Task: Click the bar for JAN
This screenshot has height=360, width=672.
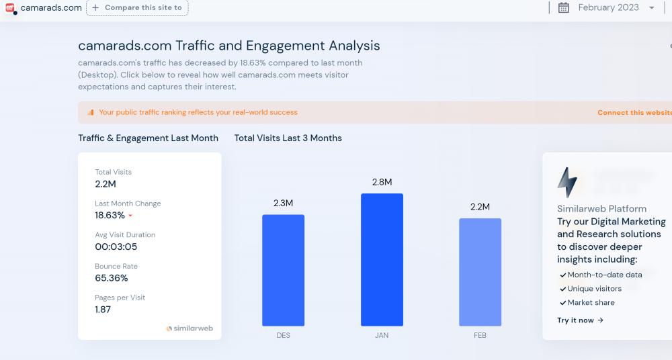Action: pyautogui.click(x=382, y=260)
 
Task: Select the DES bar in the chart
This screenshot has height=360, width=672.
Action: pyautogui.click(x=283, y=270)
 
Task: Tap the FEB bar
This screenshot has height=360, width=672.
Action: pyautogui.click(x=480, y=272)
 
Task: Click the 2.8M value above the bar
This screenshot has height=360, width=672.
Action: pyautogui.click(x=382, y=182)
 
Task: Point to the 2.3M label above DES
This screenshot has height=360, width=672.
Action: pyautogui.click(x=283, y=203)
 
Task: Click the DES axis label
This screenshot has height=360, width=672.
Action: pyautogui.click(x=283, y=335)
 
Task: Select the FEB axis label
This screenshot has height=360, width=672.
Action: pyautogui.click(x=480, y=335)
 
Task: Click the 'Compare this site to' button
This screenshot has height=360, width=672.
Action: pyautogui.click(x=137, y=8)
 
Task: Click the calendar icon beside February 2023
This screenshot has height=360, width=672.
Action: pyautogui.click(x=564, y=8)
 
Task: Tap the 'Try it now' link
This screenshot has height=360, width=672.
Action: pyautogui.click(x=580, y=320)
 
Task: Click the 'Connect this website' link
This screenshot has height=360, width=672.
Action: pyautogui.click(x=634, y=113)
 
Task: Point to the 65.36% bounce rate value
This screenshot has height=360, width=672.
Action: pyautogui.click(x=112, y=278)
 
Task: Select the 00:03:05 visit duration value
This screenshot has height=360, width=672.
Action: pyautogui.click(x=116, y=246)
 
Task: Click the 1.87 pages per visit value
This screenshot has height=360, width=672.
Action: pyautogui.click(x=103, y=310)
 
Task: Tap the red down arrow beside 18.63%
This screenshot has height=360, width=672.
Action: pyautogui.click(x=130, y=216)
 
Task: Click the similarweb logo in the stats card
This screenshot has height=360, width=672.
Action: pyautogui.click(x=190, y=328)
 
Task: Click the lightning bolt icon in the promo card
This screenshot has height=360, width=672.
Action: pyautogui.click(x=567, y=182)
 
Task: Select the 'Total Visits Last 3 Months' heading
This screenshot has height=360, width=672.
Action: pyautogui.click(x=288, y=138)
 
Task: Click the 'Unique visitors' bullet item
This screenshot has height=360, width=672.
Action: pyautogui.click(x=594, y=289)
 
